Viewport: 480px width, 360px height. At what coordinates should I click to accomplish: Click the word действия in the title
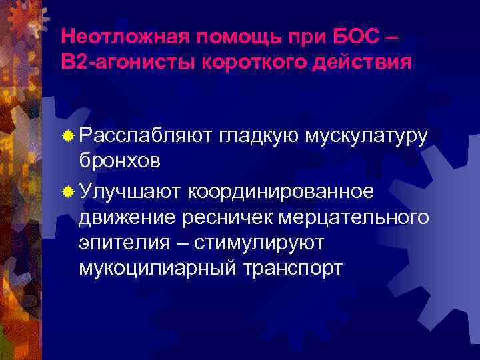click(354, 61)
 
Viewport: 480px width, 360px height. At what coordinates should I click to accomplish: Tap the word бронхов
click(119, 163)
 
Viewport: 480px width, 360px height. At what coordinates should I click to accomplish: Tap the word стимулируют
click(261, 243)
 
